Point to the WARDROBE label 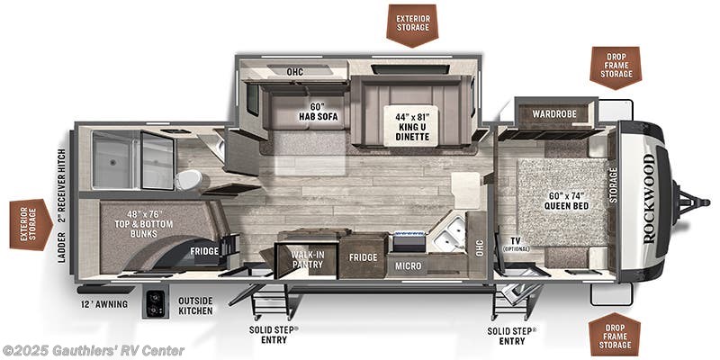point(553,114)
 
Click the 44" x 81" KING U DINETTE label point(410,126)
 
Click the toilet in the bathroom point(188,179)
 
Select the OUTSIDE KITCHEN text point(195,304)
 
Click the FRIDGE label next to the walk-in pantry point(363,258)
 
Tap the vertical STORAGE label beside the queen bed point(614,185)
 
